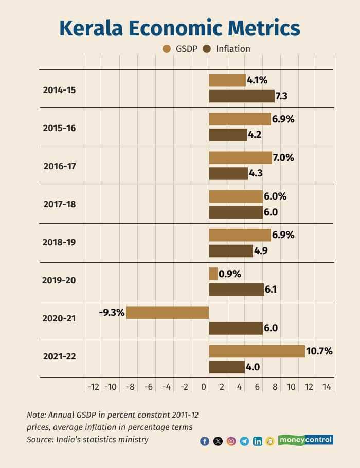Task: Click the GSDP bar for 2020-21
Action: click(x=168, y=312)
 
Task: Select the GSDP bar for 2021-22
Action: click(x=257, y=351)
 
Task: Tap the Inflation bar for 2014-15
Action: click(x=242, y=96)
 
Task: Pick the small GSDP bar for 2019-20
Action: click(x=213, y=274)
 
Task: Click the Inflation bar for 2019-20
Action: click(x=236, y=290)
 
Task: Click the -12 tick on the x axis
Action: click(x=93, y=387)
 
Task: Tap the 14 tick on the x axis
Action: click(x=327, y=387)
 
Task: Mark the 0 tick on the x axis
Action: click(x=204, y=387)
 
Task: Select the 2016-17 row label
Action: click(x=59, y=166)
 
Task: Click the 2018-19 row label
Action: click(x=59, y=242)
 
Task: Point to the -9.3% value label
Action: click(x=112, y=312)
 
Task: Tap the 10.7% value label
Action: click(x=319, y=351)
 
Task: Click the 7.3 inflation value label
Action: click(x=281, y=96)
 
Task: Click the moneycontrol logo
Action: click(x=305, y=440)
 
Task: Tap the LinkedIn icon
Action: click(x=257, y=441)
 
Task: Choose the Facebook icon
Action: click(x=204, y=441)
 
